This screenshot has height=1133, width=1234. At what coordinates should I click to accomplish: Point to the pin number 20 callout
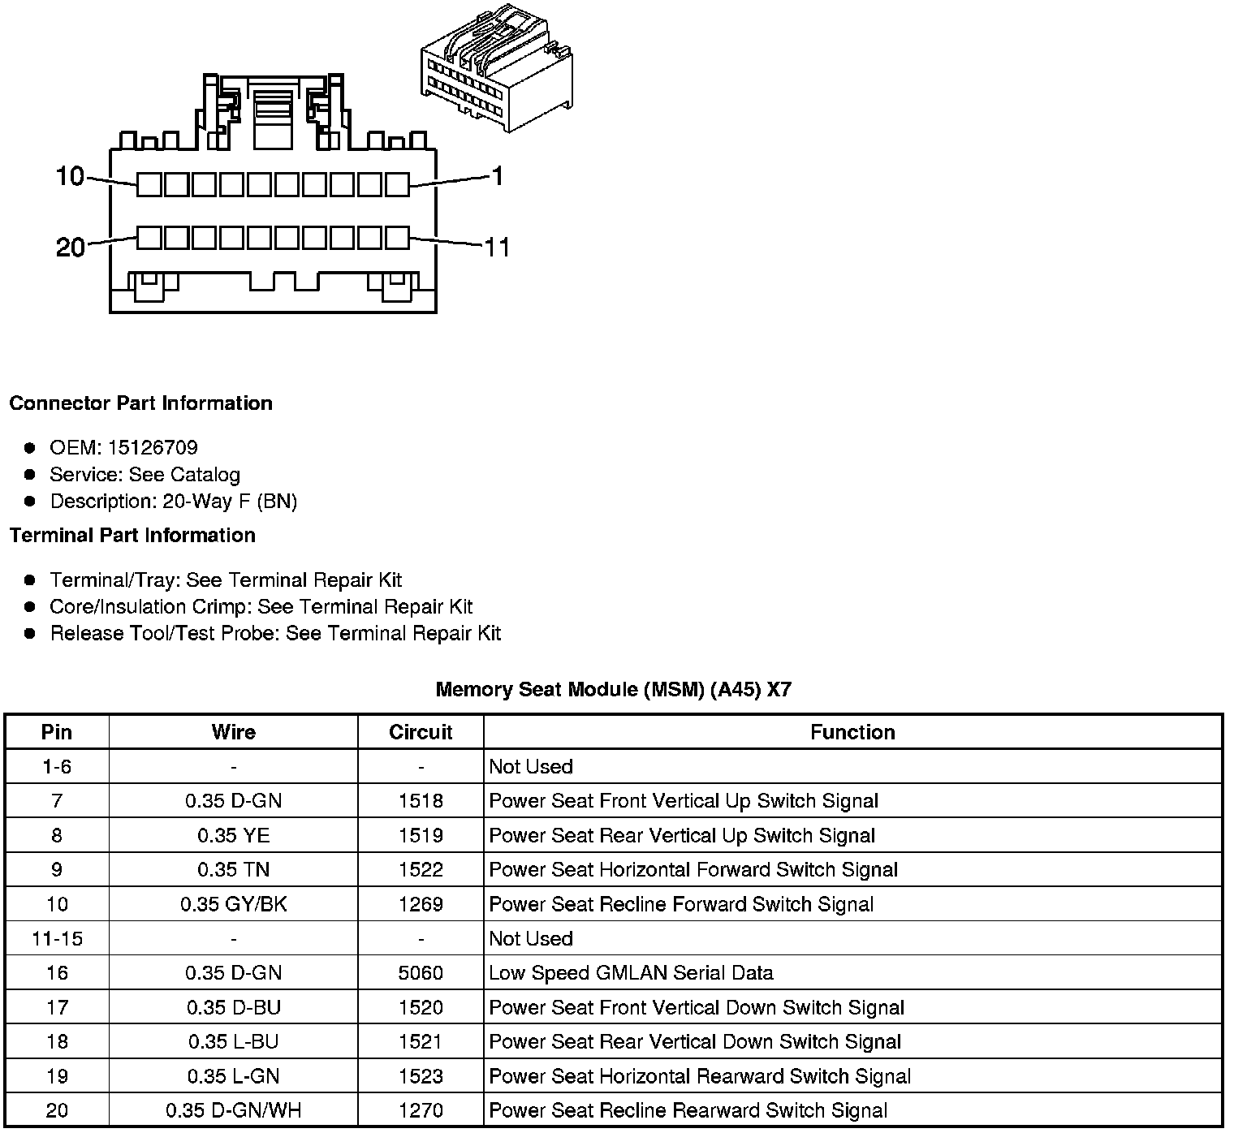coord(71,247)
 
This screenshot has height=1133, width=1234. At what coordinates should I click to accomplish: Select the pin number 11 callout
coord(497,247)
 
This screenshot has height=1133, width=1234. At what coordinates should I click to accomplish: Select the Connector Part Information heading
coord(141,403)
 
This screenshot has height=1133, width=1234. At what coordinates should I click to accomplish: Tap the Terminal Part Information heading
coord(132,536)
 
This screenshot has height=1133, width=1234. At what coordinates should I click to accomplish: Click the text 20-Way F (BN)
coord(230,502)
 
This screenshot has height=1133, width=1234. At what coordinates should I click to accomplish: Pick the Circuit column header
coord(421,732)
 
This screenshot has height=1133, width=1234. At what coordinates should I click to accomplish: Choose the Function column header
coord(852,732)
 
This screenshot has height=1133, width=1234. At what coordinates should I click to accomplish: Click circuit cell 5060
coord(421,973)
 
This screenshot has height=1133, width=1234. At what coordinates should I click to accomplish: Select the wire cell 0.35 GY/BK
coord(234,904)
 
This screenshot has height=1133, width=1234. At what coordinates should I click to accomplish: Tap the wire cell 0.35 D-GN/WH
coord(234,1110)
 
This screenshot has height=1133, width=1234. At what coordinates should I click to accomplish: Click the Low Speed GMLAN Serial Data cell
coord(631,973)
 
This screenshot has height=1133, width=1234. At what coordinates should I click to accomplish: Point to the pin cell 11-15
coord(57,939)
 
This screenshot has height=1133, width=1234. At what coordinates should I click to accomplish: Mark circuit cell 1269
coord(421,904)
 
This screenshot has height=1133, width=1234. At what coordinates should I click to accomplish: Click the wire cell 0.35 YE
coord(234,836)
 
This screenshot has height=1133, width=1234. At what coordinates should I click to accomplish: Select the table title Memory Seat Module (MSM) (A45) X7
coord(613,690)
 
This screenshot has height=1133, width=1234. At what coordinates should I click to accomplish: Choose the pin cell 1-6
coord(57,767)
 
